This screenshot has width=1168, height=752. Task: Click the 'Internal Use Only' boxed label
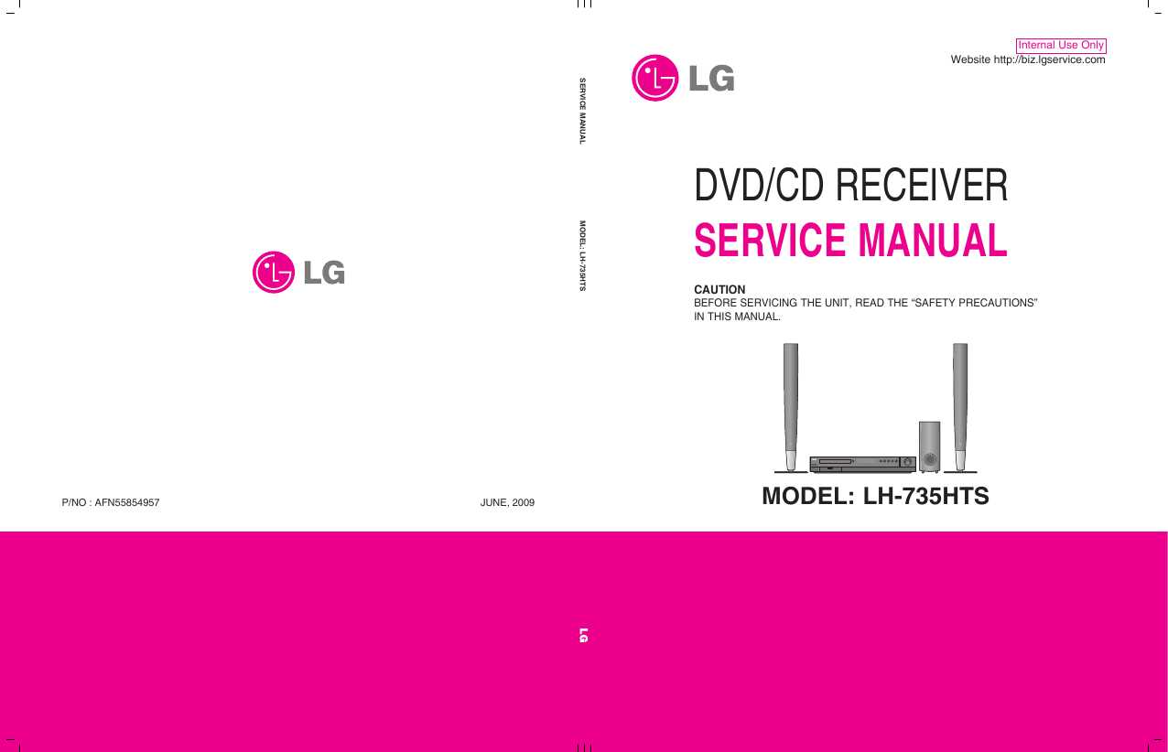coord(1061,46)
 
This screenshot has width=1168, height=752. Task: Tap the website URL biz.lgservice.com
coord(1049,60)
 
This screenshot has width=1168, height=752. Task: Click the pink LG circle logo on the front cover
coord(654,78)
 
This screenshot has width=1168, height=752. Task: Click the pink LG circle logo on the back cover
coord(273,272)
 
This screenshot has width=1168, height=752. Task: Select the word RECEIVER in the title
coord(922,185)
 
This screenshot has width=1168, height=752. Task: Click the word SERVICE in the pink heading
coord(770,240)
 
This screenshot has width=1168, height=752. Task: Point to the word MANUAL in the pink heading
coord(933,240)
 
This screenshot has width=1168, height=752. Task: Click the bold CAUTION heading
coord(719,289)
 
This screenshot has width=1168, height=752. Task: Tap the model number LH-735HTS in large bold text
coord(925,496)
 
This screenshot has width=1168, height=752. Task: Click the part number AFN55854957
coord(126,502)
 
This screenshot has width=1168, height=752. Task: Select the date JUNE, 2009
coord(507,502)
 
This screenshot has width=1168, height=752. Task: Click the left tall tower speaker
coord(791,407)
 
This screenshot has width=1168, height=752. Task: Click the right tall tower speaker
coord(960,407)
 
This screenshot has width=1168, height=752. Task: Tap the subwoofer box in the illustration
coord(929,446)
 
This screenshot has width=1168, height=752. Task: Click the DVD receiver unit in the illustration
coord(862,464)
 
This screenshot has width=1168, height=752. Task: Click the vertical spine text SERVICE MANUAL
coord(582,111)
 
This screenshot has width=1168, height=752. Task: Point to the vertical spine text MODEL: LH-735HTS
coord(582,256)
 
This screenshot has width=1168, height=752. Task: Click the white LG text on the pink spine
coord(583,635)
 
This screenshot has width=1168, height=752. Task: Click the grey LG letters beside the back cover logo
coord(324,273)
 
